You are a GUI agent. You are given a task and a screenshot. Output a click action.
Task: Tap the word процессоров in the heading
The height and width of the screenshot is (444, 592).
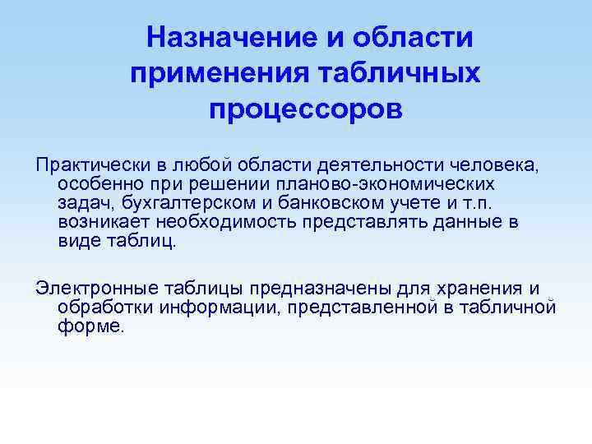pyautogui.click(x=306, y=109)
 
